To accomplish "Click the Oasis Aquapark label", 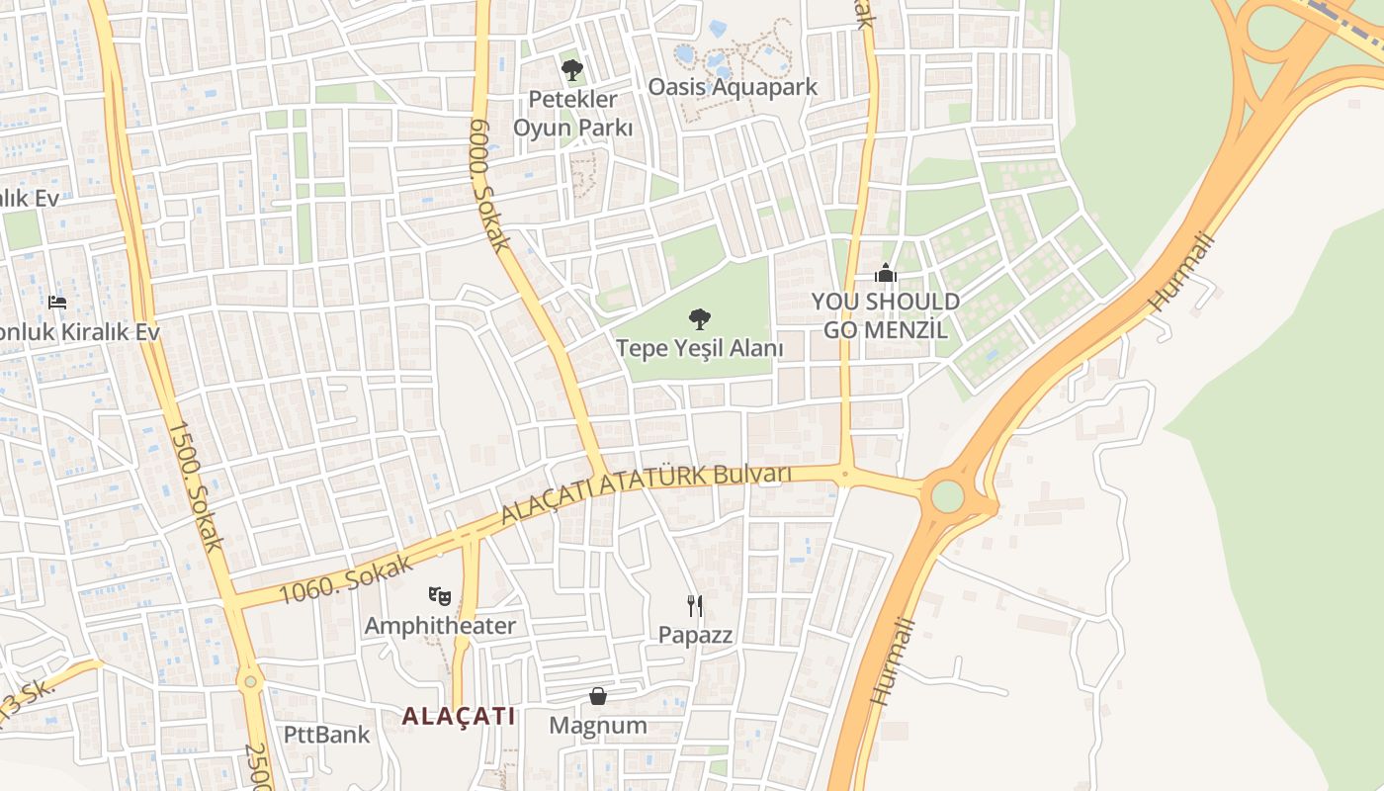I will click(x=733, y=87).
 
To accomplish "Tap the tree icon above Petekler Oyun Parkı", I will click(x=571, y=70).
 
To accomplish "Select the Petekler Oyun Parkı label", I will click(x=572, y=114).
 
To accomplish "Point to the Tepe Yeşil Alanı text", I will click(x=700, y=349).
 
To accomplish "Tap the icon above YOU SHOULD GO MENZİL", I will click(x=886, y=273).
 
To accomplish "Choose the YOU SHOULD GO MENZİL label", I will click(x=886, y=315).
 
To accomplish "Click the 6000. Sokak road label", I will click(x=489, y=185).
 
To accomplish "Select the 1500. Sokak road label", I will click(x=196, y=486).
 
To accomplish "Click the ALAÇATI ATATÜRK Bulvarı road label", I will click(x=646, y=492).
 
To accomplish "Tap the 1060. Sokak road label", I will click(x=338, y=577).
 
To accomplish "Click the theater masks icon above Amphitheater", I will click(x=440, y=595).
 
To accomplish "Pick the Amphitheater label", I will click(x=440, y=626).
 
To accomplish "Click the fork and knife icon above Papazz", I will click(x=695, y=604).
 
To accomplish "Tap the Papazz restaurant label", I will click(x=696, y=635).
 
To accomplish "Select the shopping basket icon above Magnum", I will click(x=598, y=696).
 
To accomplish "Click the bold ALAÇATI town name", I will click(x=459, y=716).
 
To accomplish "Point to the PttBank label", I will click(x=326, y=735).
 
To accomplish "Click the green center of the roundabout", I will click(x=947, y=496).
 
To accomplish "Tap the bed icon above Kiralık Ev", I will click(x=57, y=302).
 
